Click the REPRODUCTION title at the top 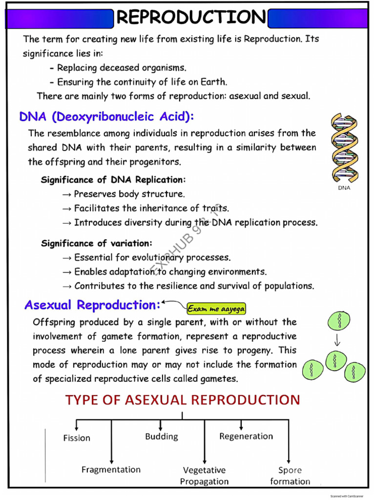[191, 17]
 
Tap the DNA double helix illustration [344, 147]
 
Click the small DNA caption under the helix [344, 188]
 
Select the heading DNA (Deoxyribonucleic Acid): [106, 117]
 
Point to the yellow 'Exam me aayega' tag [216, 309]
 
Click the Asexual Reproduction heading [92, 305]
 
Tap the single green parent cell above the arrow [339, 320]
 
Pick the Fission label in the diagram [77, 438]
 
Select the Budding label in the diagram [161, 436]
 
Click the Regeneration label [246, 436]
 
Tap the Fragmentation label [111, 469]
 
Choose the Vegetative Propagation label [205, 476]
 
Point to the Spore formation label [290, 476]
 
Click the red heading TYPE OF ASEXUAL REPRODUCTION [183, 400]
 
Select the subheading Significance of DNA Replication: [113, 180]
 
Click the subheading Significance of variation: [97, 243]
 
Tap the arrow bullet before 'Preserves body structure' [66, 194]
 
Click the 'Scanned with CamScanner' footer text [347, 496]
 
